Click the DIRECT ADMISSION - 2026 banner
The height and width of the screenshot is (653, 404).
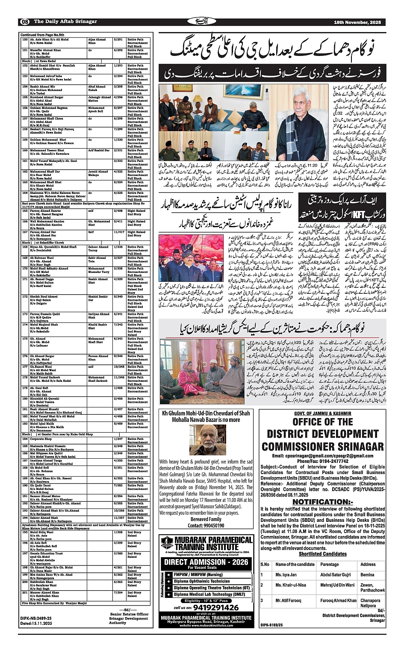206,562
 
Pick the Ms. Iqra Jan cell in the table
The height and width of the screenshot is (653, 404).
286,574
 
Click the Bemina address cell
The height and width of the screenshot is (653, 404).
367,574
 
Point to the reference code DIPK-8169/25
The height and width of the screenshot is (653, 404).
271,625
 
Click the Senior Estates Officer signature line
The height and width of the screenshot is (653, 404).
129,614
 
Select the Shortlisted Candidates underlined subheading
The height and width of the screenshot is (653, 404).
322,554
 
